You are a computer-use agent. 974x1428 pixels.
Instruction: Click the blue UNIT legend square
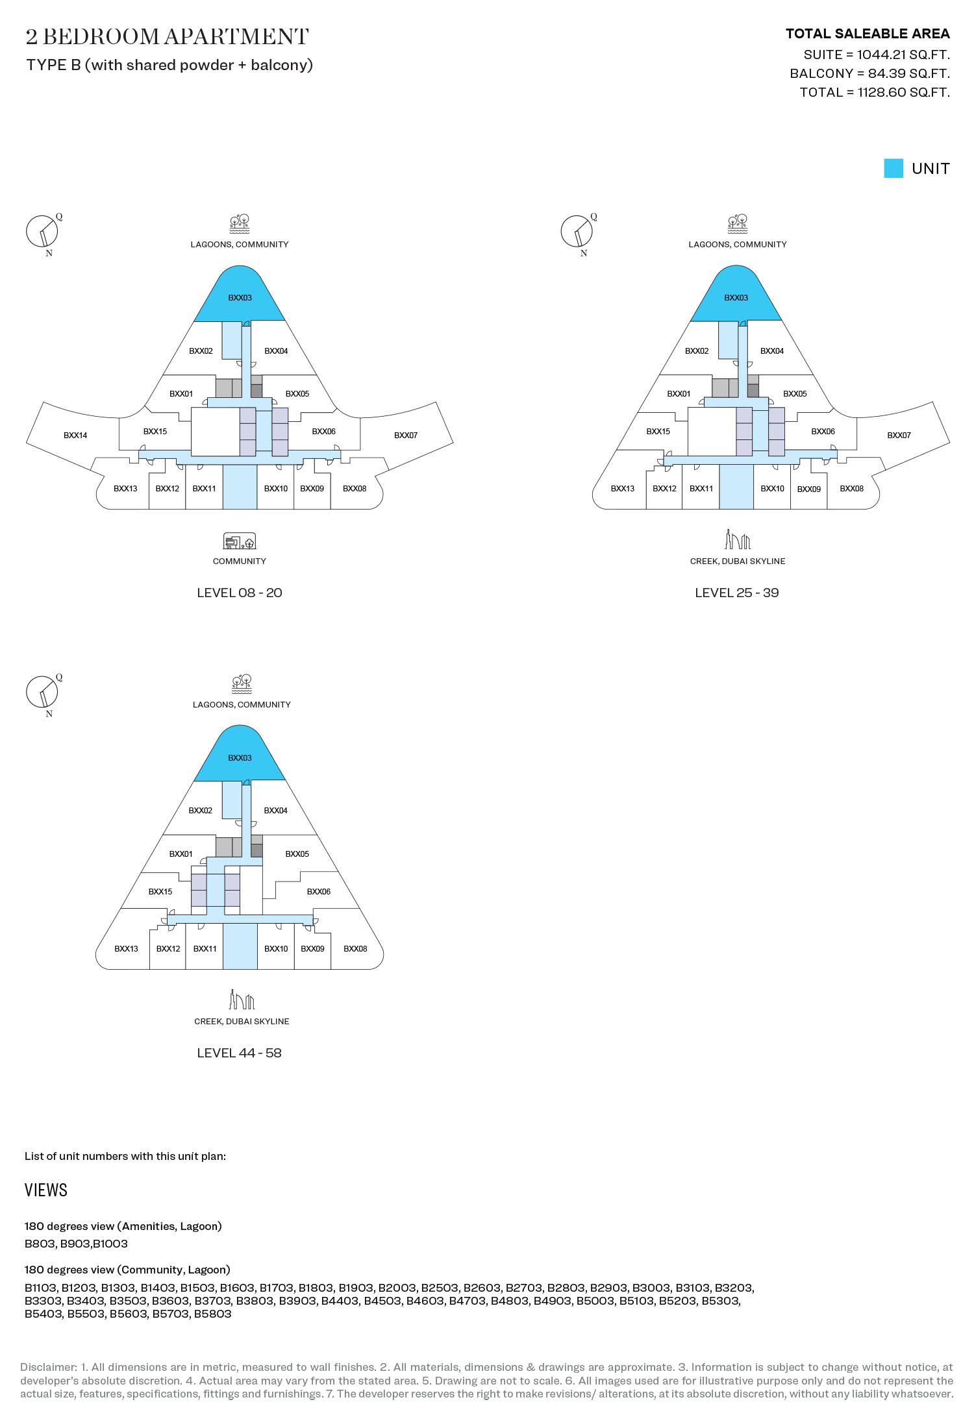coord(893,168)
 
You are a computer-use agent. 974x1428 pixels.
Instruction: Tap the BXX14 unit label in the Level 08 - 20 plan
coord(75,436)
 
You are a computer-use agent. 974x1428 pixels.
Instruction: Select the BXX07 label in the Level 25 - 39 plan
coord(899,436)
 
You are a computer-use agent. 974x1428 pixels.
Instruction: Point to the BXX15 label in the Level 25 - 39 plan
coord(658,432)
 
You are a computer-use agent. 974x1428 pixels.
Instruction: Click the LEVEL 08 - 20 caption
coord(240,593)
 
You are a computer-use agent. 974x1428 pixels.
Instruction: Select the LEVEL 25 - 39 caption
coord(737,593)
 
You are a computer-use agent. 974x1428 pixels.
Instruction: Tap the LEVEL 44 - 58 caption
coord(240,1053)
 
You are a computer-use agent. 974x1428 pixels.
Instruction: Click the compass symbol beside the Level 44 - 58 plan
coord(42,693)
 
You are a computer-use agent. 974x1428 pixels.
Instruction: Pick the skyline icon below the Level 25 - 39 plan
coord(738,539)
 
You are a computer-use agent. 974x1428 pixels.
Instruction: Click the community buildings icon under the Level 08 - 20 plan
coord(240,541)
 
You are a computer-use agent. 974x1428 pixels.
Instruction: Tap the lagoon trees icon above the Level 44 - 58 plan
coord(242,684)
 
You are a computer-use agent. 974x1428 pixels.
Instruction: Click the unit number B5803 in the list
coord(212,1314)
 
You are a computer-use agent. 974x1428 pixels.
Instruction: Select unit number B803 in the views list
coord(40,1244)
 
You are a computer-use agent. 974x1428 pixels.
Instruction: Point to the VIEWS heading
coord(46,1190)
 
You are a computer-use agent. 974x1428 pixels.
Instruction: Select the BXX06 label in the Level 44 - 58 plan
coord(318,892)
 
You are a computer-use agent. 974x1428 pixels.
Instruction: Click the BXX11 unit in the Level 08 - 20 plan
coord(204,488)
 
